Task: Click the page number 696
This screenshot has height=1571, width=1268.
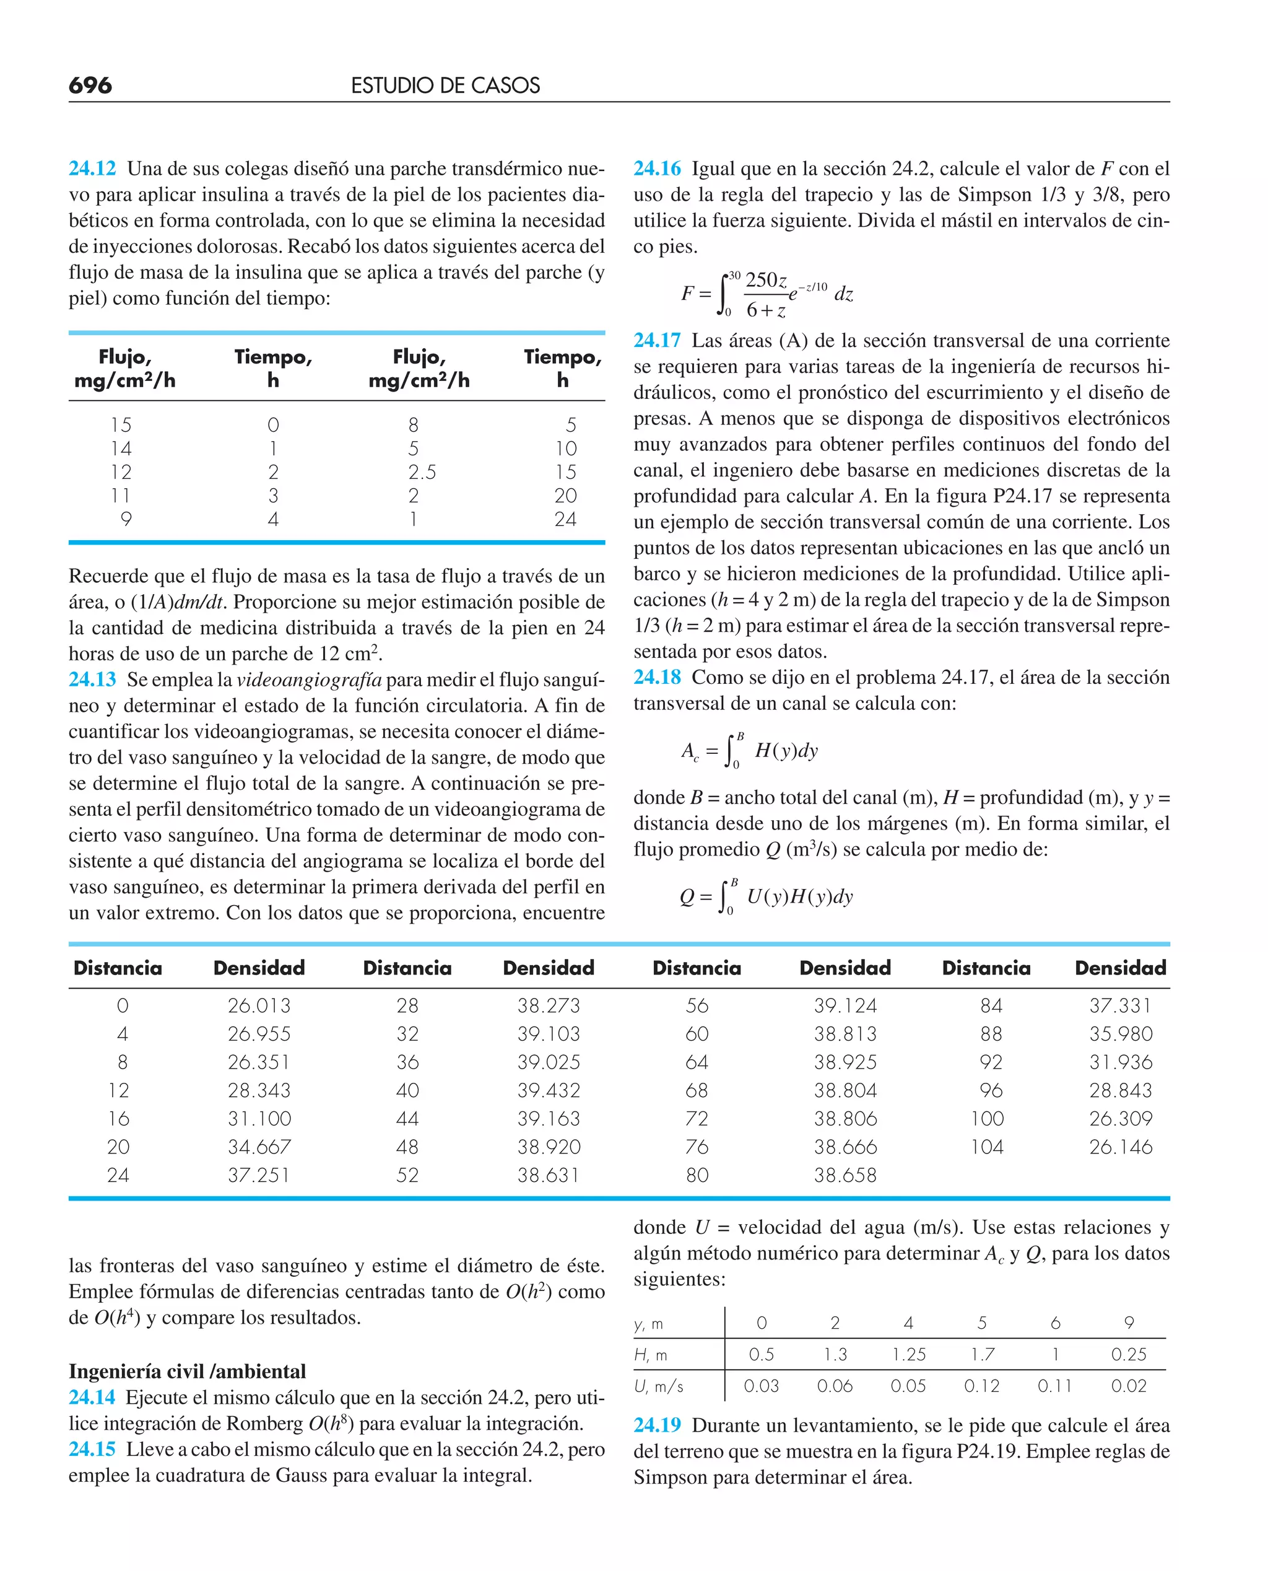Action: coord(90,85)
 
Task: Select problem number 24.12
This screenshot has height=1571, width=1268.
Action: coord(92,168)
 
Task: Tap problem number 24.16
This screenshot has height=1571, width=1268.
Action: coord(657,168)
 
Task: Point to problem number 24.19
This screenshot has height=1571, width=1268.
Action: coord(657,1425)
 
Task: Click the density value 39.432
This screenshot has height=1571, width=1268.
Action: coord(549,1090)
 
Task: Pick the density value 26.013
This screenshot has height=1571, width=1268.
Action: coord(259,1005)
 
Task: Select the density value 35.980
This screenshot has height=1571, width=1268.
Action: coord(1121,1034)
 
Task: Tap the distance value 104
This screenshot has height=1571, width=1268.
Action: coord(986,1147)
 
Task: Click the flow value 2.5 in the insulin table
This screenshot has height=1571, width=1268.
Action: coord(422,472)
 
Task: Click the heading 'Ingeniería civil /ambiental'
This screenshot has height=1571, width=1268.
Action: coord(187,1371)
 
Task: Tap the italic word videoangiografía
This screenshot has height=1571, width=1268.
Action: coord(309,680)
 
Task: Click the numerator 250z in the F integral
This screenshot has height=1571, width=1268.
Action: coord(765,280)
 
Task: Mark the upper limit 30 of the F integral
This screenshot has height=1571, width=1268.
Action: coord(734,276)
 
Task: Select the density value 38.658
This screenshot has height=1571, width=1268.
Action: coord(845,1175)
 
